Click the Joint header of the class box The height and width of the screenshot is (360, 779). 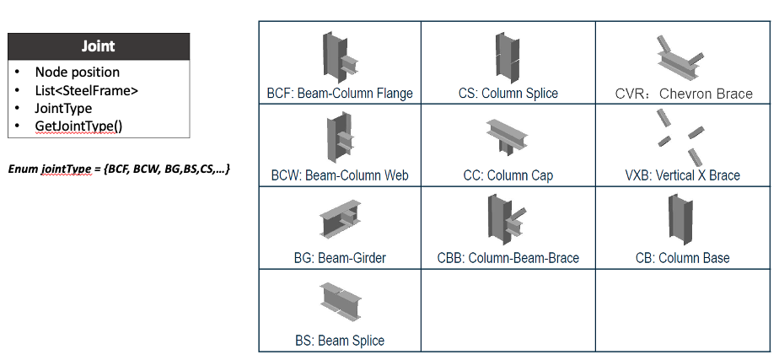click(x=99, y=46)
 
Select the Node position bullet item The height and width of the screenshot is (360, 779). click(x=78, y=73)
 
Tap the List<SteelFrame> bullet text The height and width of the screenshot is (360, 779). click(x=87, y=90)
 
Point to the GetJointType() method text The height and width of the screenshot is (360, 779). click(x=78, y=126)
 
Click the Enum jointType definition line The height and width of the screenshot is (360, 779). click(x=119, y=169)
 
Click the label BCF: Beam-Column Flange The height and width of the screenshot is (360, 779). click(x=339, y=94)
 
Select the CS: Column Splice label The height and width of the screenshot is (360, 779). click(x=508, y=94)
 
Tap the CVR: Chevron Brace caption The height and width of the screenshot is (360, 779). click(x=684, y=94)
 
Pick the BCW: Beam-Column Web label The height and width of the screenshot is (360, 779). click(x=339, y=175)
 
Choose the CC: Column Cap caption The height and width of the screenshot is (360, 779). click(x=508, y=175)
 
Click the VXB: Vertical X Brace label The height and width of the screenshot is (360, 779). click(x=684, y=175)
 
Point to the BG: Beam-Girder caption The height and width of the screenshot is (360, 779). click(x=339, y=258)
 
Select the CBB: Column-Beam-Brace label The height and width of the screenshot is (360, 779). click(x=508, y=258)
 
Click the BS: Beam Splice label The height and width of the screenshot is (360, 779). click(x=339, y=341)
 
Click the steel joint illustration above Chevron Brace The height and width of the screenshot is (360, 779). click(x=678, y=57)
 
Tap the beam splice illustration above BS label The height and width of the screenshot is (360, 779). click(x=340, y=300)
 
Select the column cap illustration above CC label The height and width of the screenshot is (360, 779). click(x=507, y=134)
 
